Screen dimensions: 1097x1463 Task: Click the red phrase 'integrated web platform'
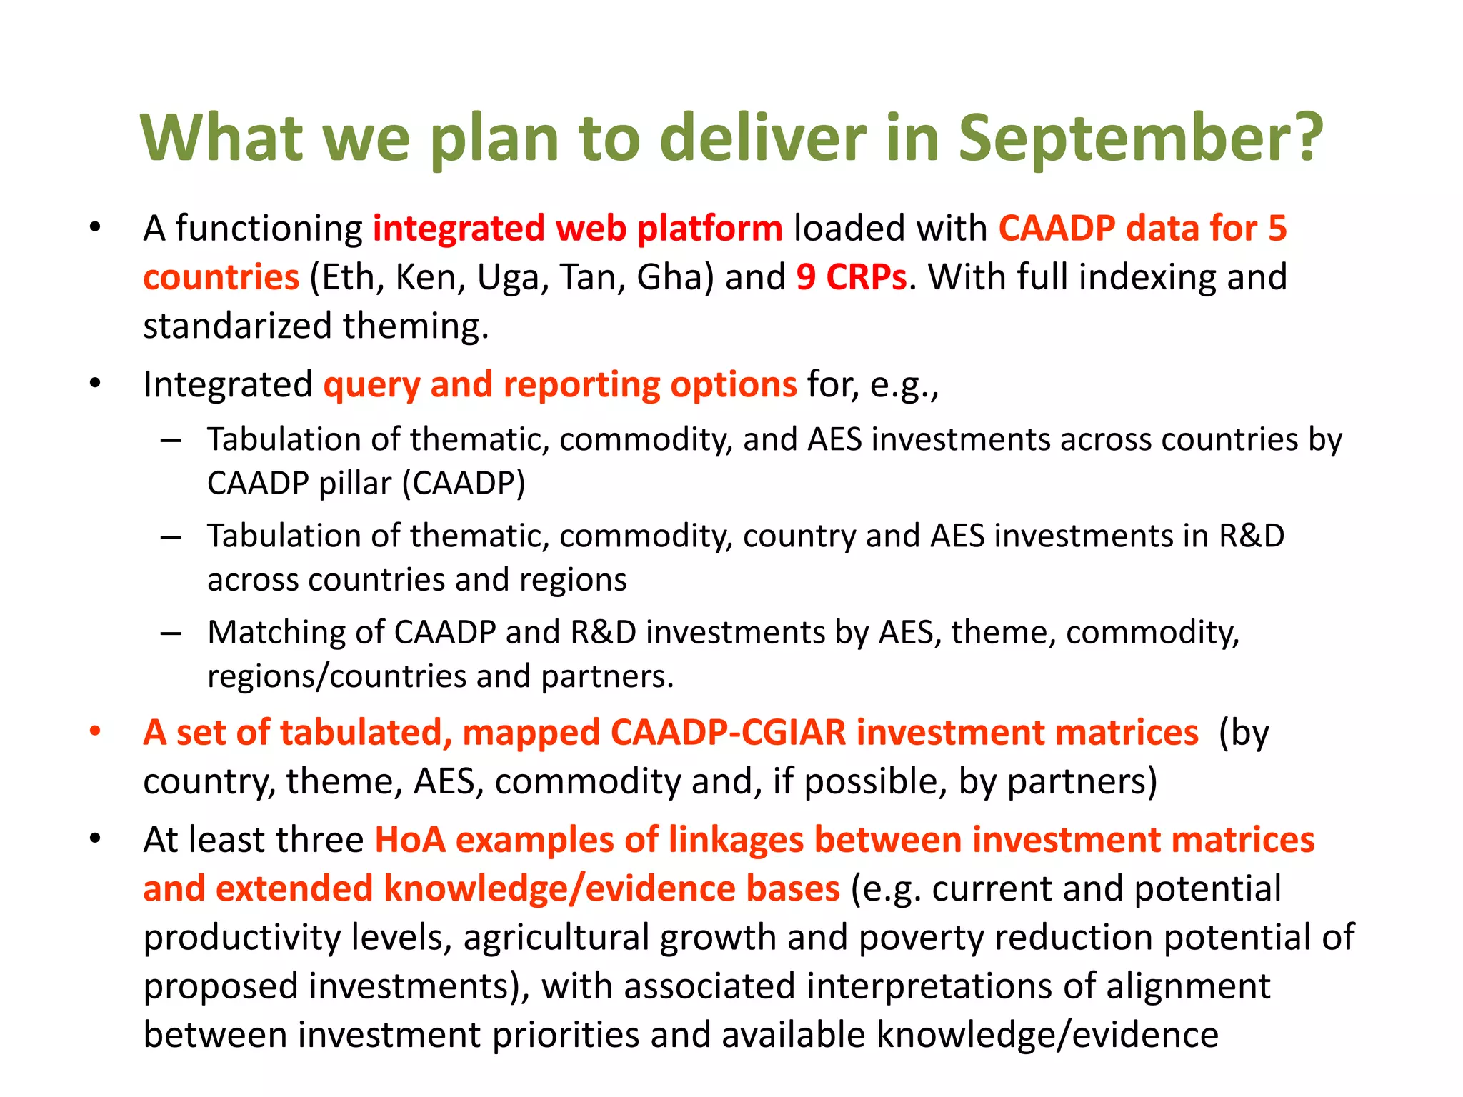[x=577, y=229]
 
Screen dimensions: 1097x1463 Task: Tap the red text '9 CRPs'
[x=851, y=277]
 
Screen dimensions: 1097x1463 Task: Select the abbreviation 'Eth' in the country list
[x=345, y=277]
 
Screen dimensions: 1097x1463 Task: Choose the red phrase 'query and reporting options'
[x=559, y=384]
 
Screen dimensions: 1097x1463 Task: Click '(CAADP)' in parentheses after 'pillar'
[x=464, y=484]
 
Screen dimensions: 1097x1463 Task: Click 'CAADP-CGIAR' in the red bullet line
[x=728, y=733]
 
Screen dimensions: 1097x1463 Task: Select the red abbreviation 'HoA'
[x=410, y=840]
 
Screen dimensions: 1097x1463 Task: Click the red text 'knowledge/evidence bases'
[x=611, y=888]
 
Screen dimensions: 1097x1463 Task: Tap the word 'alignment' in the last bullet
[x=1188, y=986]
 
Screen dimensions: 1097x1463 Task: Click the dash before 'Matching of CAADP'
[x=171, y=633]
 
